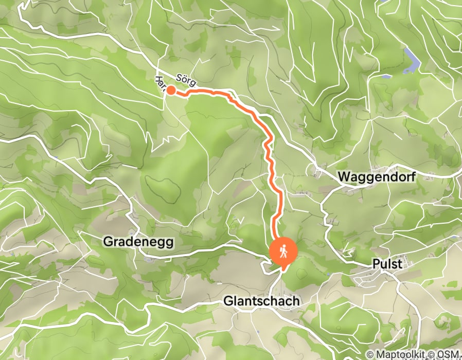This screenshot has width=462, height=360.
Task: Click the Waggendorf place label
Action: coord(377,177)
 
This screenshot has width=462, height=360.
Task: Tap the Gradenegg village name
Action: coord(138,241)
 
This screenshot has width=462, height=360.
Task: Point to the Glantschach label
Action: coord(261,301)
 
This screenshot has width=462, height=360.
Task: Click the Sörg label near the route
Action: coord(186,78)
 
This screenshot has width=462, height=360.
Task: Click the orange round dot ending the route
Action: coord(171,91)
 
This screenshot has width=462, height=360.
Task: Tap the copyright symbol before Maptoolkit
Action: coord(370,354)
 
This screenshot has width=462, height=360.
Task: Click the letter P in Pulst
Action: coord(376,264)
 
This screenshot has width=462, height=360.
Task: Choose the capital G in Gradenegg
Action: coord(108,241)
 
